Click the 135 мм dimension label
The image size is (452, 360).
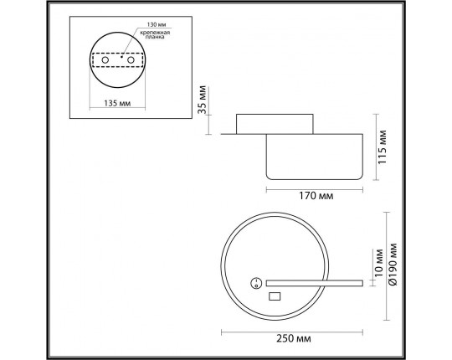tap(117, 103)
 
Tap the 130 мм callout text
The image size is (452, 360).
tap(157, 25)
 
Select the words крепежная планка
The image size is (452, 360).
tap(155, 34)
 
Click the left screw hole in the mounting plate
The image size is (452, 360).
tap(105, 60)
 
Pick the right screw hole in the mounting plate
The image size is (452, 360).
tap(131, 60)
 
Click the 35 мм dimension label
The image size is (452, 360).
tap(203, 100)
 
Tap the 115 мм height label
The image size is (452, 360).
tap(383, 147)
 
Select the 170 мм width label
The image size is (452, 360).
tap(316, 196)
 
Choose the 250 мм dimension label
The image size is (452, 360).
tap(294, 338)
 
